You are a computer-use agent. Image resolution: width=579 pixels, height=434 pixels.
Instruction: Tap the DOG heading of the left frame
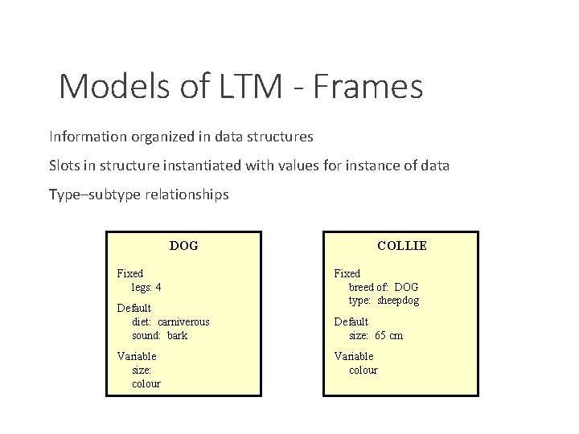(x=183, y=245)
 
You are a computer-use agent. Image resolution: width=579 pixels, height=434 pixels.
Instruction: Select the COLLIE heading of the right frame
(x=402, y=245)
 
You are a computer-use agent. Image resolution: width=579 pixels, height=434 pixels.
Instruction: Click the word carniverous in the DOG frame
(x=183, y=321)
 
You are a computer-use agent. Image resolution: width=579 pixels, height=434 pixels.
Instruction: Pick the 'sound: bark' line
(x=159, y=335)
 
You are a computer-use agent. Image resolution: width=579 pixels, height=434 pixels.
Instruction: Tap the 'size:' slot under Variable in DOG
(x=142, y=370)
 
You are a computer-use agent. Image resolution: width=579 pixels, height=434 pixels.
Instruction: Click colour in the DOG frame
(x=146, y=383)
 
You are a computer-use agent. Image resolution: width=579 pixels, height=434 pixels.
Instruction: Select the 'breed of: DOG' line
(x=384, y=287)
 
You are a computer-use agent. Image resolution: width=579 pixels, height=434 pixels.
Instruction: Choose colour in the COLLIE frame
(x=363, y=370)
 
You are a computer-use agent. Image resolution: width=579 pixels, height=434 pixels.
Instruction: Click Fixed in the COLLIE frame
(x=347, y=273)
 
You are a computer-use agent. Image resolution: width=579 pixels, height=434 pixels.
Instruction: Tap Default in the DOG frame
(x=133, y=308)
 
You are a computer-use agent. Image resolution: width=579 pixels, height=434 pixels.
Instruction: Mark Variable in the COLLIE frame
(x=354, y=356)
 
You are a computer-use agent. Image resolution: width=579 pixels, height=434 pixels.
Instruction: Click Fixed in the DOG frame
(x=130, y=273)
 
